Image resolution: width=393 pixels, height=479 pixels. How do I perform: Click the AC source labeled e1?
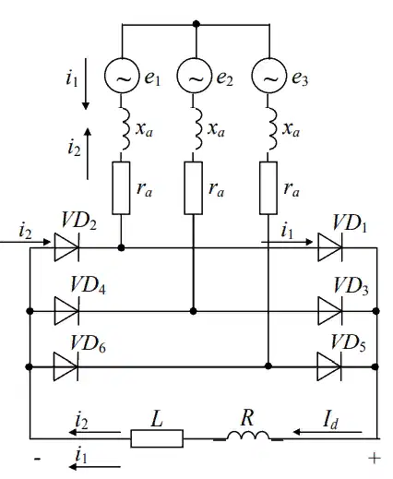122,76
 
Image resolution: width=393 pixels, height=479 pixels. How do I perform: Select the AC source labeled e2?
195,76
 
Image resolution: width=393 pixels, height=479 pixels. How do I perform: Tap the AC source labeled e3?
269,76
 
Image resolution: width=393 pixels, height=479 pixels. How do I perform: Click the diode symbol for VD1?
330,247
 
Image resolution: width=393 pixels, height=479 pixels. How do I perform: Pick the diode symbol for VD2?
66,247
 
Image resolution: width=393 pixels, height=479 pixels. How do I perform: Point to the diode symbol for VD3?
330,311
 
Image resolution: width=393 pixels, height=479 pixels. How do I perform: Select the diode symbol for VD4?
66,311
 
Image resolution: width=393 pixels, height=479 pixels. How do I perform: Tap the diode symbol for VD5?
329,366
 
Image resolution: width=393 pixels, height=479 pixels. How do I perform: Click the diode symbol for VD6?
65,366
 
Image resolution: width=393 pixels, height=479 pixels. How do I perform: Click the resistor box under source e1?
121,188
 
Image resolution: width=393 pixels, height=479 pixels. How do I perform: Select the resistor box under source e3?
268,188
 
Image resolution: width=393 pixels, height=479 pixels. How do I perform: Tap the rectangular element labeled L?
157,438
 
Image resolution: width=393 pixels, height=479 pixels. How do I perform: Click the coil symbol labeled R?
248,436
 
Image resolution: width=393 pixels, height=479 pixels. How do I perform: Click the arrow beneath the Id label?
327,432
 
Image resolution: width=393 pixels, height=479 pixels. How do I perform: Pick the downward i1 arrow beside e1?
86,84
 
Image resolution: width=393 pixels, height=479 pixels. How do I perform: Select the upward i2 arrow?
88,153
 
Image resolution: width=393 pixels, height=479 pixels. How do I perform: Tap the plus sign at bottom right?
375,459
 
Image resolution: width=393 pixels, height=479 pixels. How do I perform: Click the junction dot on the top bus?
196,24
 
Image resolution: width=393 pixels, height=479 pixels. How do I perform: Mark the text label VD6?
88,343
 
